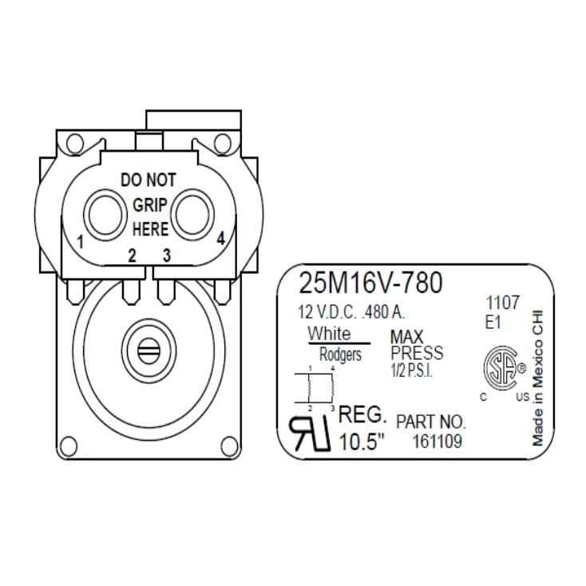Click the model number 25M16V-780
pos(370,283)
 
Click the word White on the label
pos(329,332)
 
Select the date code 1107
pos(503,303)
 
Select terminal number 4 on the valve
pos(220,238)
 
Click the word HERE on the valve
pos(149,229)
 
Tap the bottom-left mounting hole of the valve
pos(69,445)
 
